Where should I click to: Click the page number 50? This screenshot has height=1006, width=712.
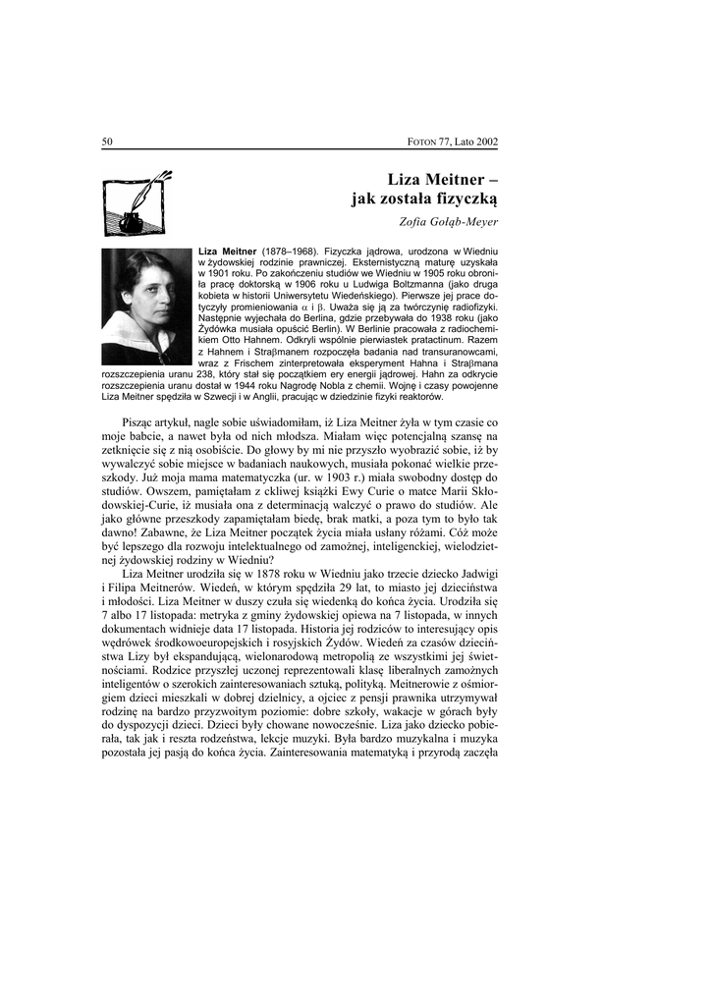pyautogui.click(x=107, y=141)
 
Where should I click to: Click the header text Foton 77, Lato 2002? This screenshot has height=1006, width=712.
pyautogui.click(x=453, y=141)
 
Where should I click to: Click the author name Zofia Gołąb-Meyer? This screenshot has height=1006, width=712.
pyautogui.click(x=450, y=221)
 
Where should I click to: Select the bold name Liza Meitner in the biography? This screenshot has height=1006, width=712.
pyautogui.click(x=227, y=252)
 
